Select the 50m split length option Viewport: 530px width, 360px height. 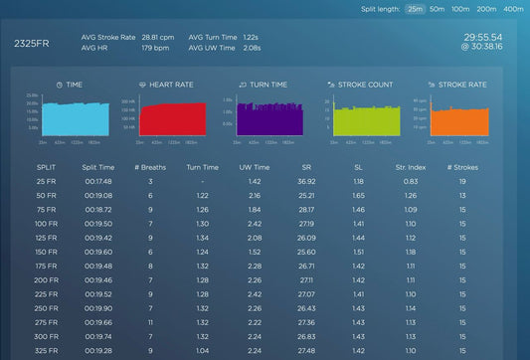tap(434, 8)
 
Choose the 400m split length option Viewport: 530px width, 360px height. tap(513, 8)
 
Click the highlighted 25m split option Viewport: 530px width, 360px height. tap(413, 8)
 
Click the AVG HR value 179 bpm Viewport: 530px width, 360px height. tap(156, 47)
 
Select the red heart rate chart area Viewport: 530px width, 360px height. tap(173, 120)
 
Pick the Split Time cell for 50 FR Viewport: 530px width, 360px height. tap(97, 196)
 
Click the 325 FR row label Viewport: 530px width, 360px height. tap(46, 351)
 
